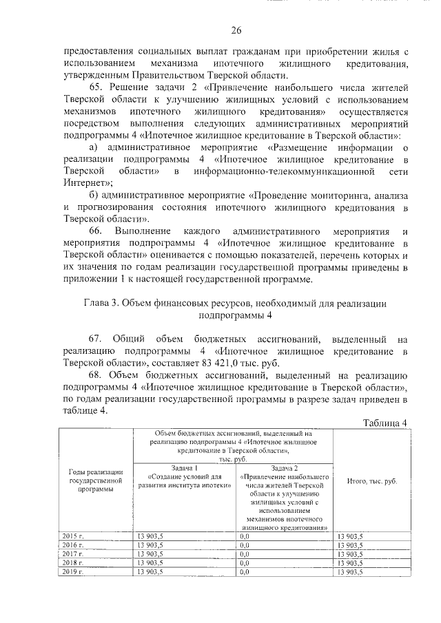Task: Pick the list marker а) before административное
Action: point(96,148)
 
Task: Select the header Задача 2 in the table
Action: point(283,467)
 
